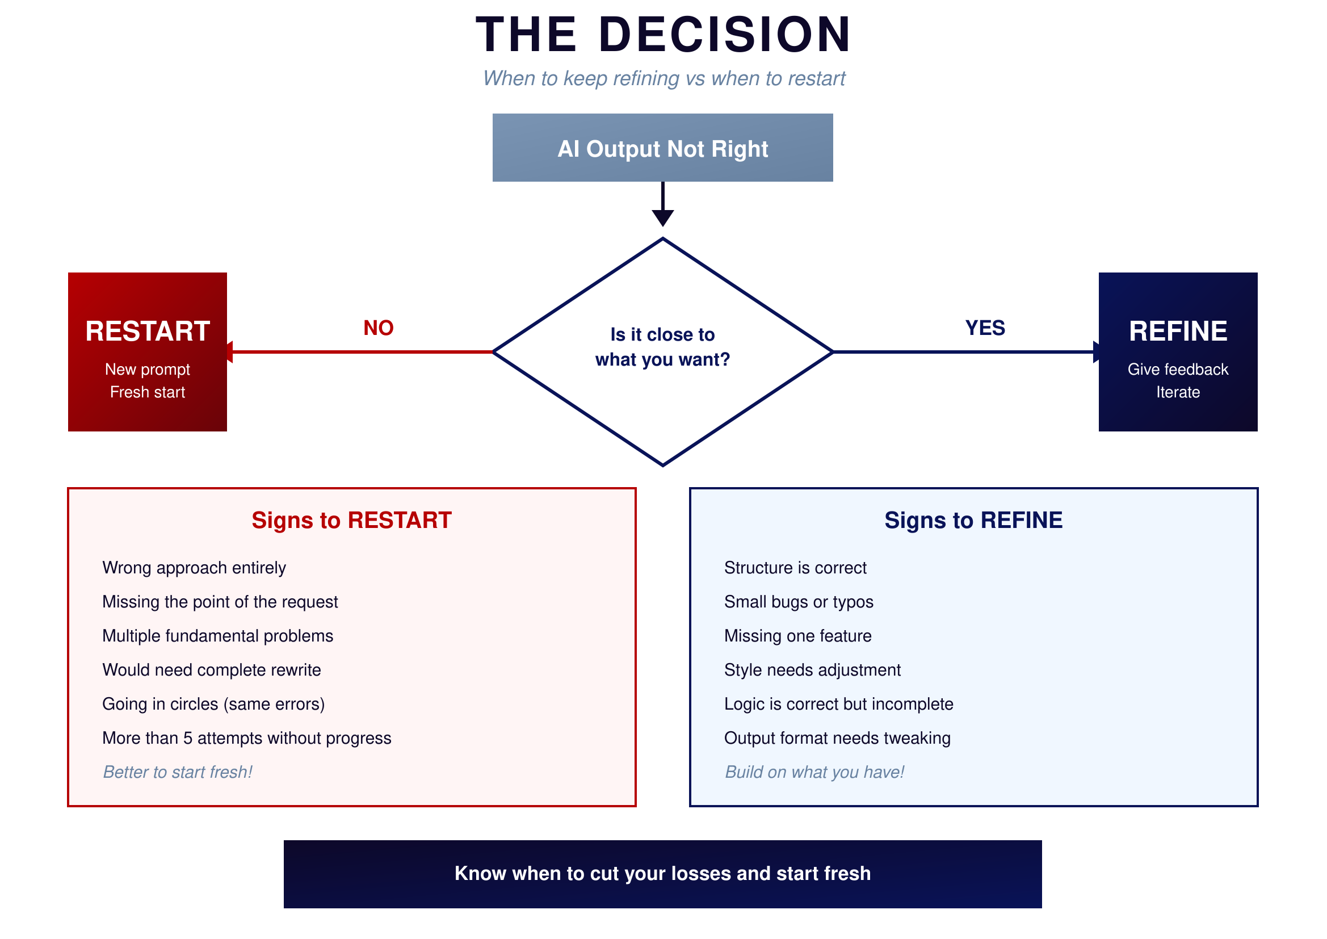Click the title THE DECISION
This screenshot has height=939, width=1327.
pos(663,35)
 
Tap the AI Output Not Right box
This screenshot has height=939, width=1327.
pos(662,149)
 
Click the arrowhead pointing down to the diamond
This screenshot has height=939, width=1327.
pos(662,218)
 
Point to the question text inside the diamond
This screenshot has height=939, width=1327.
pos(662,347)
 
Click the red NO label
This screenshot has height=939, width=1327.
pos(378,328)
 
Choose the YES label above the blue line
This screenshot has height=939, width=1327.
pos(985,328)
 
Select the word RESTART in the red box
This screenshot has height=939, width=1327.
pos(148,332)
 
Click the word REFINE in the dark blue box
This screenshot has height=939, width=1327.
pos(1177,332)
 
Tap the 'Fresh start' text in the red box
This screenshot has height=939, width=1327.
pos(148,392)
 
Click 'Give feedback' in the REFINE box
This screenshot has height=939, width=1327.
pos(1177,369)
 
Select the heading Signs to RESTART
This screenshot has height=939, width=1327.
pos(351,520)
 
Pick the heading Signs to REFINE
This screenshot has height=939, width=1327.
pos(973,520)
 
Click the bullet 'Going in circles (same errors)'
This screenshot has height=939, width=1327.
pos(213,703)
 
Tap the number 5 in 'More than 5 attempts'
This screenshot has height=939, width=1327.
pos(188,738)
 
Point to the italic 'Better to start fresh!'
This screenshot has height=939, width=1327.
pos(178,772)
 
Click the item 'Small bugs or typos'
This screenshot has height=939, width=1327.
pos(798,601)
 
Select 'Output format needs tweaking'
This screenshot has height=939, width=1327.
pos(837,738)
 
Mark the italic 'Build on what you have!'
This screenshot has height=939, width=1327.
pos(814,772)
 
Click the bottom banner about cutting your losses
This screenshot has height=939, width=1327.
pos(662,873)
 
